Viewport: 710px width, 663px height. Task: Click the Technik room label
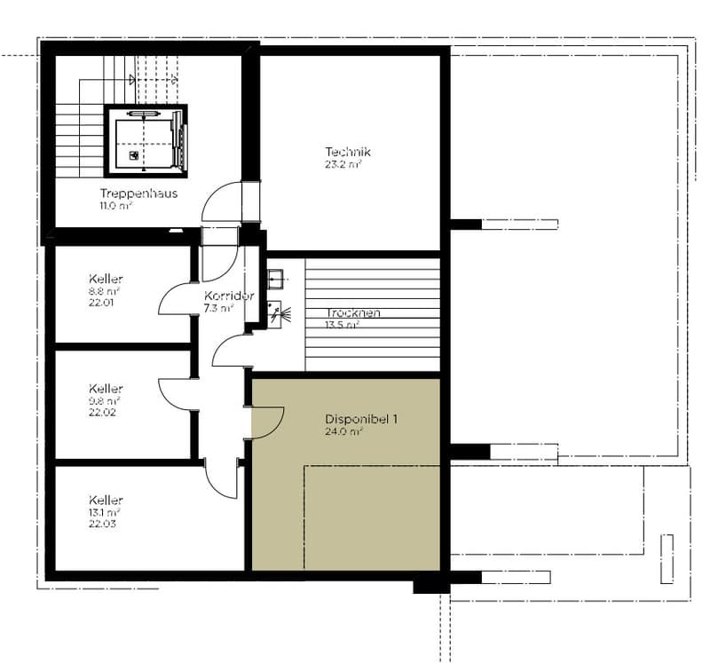click(x=348, y=152)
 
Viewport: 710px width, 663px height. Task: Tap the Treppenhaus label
click(x=138, y=193)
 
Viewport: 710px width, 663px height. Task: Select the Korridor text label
click(x=229, y=296)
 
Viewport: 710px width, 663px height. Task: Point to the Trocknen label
click(x=353, y=312)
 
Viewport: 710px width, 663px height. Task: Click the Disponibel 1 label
click(x=361, y=419)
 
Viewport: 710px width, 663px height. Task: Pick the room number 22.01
click(x=101, y=303)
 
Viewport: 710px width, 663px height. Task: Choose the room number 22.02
click(x=102, y=412)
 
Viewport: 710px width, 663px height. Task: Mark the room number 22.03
click(x=102, y=524)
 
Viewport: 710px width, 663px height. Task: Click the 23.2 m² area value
click(x=343, y=164)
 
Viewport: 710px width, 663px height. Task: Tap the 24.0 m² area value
click(x=343, y=431)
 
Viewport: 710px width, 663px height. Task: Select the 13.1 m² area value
click(x=104, y=512)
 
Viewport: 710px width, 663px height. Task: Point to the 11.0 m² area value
click(x=116, y=205)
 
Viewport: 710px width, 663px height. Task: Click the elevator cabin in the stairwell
click(x=146, y=141)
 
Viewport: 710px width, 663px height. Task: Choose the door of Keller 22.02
click(x=175, y=395)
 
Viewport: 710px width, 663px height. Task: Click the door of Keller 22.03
click(x=222, y=478)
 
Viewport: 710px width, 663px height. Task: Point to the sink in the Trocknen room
click(x=275, y=279)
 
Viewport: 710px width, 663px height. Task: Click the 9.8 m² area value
click(x=104, y=401)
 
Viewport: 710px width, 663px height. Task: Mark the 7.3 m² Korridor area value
click(x=218, y=308)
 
